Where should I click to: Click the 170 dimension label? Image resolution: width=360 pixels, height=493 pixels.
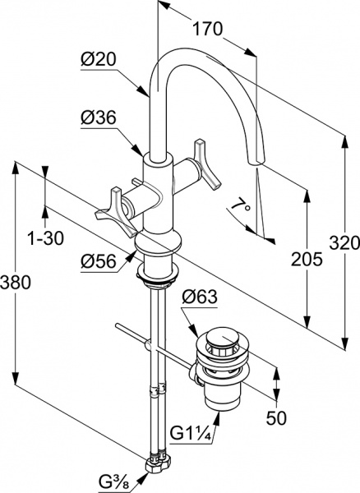[x=207, y=29]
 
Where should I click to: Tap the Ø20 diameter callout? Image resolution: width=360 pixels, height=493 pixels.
[x=99, y=59]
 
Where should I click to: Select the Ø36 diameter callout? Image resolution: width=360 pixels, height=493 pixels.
[x=99, y=117]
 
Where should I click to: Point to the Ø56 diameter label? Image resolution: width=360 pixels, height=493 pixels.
[x=99, y=260]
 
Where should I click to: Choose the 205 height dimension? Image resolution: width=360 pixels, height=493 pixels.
[x=307, y=259]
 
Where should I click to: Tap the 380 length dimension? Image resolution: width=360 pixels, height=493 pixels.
[x=16, y=282]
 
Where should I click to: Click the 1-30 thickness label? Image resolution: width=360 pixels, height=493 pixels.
[x=45, y=238]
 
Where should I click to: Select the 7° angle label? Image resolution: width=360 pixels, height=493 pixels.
[x=241, y=205]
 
